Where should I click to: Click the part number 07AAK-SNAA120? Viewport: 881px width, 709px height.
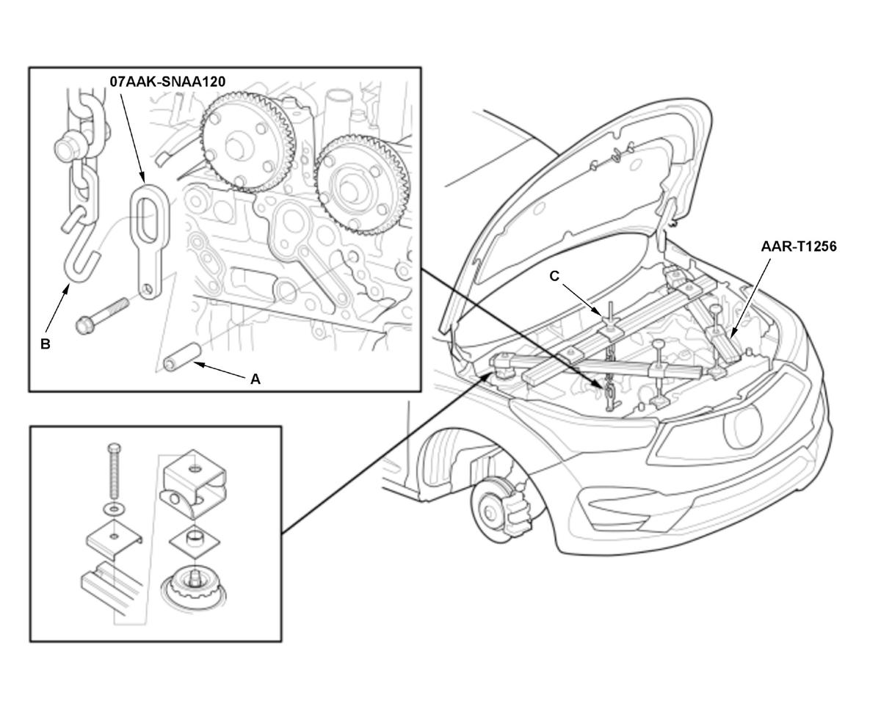(167, 82)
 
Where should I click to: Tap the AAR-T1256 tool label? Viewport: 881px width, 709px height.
(799, 247)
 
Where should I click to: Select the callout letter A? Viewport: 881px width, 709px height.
(255, 379)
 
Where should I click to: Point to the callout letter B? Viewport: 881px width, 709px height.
(46, 343)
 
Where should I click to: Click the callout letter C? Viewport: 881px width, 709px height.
(554, 276)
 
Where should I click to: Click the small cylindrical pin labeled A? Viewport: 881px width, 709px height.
(181, 356)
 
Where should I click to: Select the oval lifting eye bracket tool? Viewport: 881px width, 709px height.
(149, 241)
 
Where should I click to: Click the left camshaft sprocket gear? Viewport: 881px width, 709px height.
(247, 143)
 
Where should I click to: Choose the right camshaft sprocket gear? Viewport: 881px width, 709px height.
(362, 186)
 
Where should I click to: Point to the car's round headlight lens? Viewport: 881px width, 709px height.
(744, 426)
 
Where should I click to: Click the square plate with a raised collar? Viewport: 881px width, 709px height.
(194, 542)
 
